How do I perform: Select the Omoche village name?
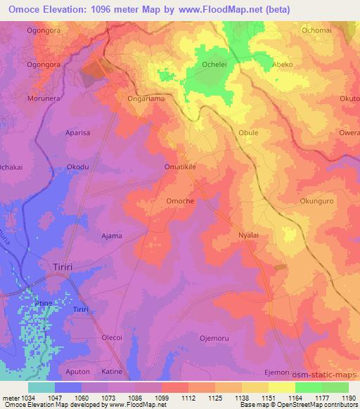[x=180, y=201]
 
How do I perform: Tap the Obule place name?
[x=249, y=132]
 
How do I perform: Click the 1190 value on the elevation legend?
[x=346, y=398]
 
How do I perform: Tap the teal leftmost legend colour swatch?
[x=41, y=387]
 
